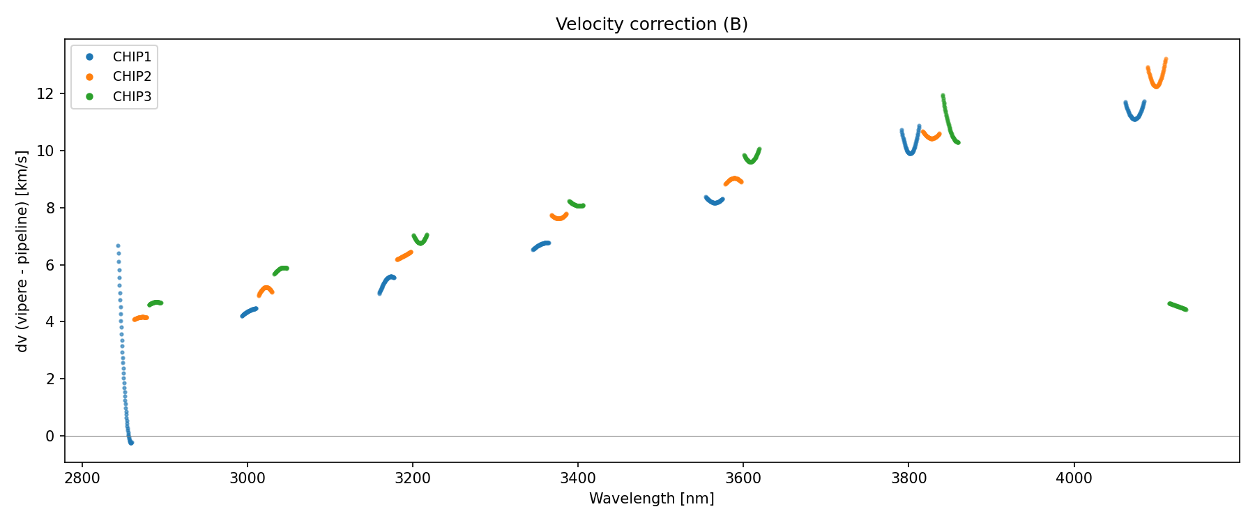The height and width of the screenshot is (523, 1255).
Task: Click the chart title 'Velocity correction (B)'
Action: click(x=651, y=24)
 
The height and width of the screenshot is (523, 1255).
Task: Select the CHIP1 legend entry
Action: click(x=132, y=57)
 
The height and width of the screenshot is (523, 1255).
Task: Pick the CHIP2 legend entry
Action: click(x=132, y=77)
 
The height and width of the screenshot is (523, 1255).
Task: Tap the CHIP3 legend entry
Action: click(x=132, y=97)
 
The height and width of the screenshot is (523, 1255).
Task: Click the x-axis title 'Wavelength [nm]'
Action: click(x=651, y=499)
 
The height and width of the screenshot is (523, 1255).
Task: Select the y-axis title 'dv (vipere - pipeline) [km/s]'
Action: click(x=22, y=250)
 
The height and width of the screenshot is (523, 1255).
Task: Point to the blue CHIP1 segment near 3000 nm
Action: click(x=249, y=312)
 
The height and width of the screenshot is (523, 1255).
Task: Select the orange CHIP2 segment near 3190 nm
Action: click(x=404, y=256)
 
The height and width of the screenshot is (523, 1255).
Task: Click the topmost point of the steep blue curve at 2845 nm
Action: click(x=118, y=245)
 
